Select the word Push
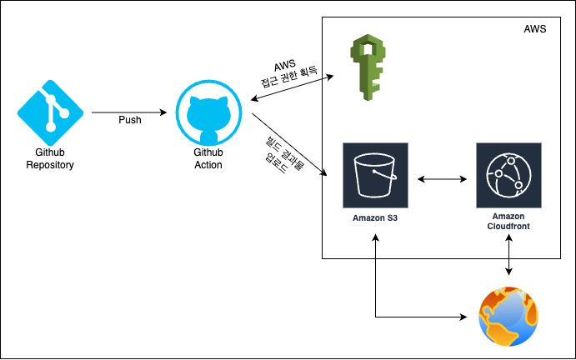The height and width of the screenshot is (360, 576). tap(129, 119)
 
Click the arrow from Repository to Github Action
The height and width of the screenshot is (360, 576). tap(129, 112)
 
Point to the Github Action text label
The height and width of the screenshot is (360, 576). tap(208, 158)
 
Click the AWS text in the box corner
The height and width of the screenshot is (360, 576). tap(535, 29)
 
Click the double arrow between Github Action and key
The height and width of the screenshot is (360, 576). tap(292, 88)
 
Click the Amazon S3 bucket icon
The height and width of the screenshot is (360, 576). tap(375, 174)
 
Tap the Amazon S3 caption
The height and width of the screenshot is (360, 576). tap(375, 218)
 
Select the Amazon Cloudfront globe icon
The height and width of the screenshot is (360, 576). tap(508, 174)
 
